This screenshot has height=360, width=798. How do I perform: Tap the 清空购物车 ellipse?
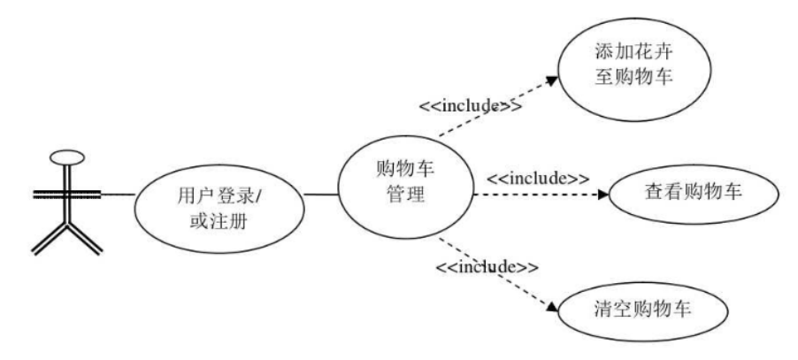641,310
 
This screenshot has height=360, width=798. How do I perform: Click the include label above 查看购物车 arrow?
539,177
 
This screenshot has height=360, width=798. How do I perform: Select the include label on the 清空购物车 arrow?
486,264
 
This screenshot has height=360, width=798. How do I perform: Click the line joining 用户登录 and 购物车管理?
323,193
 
